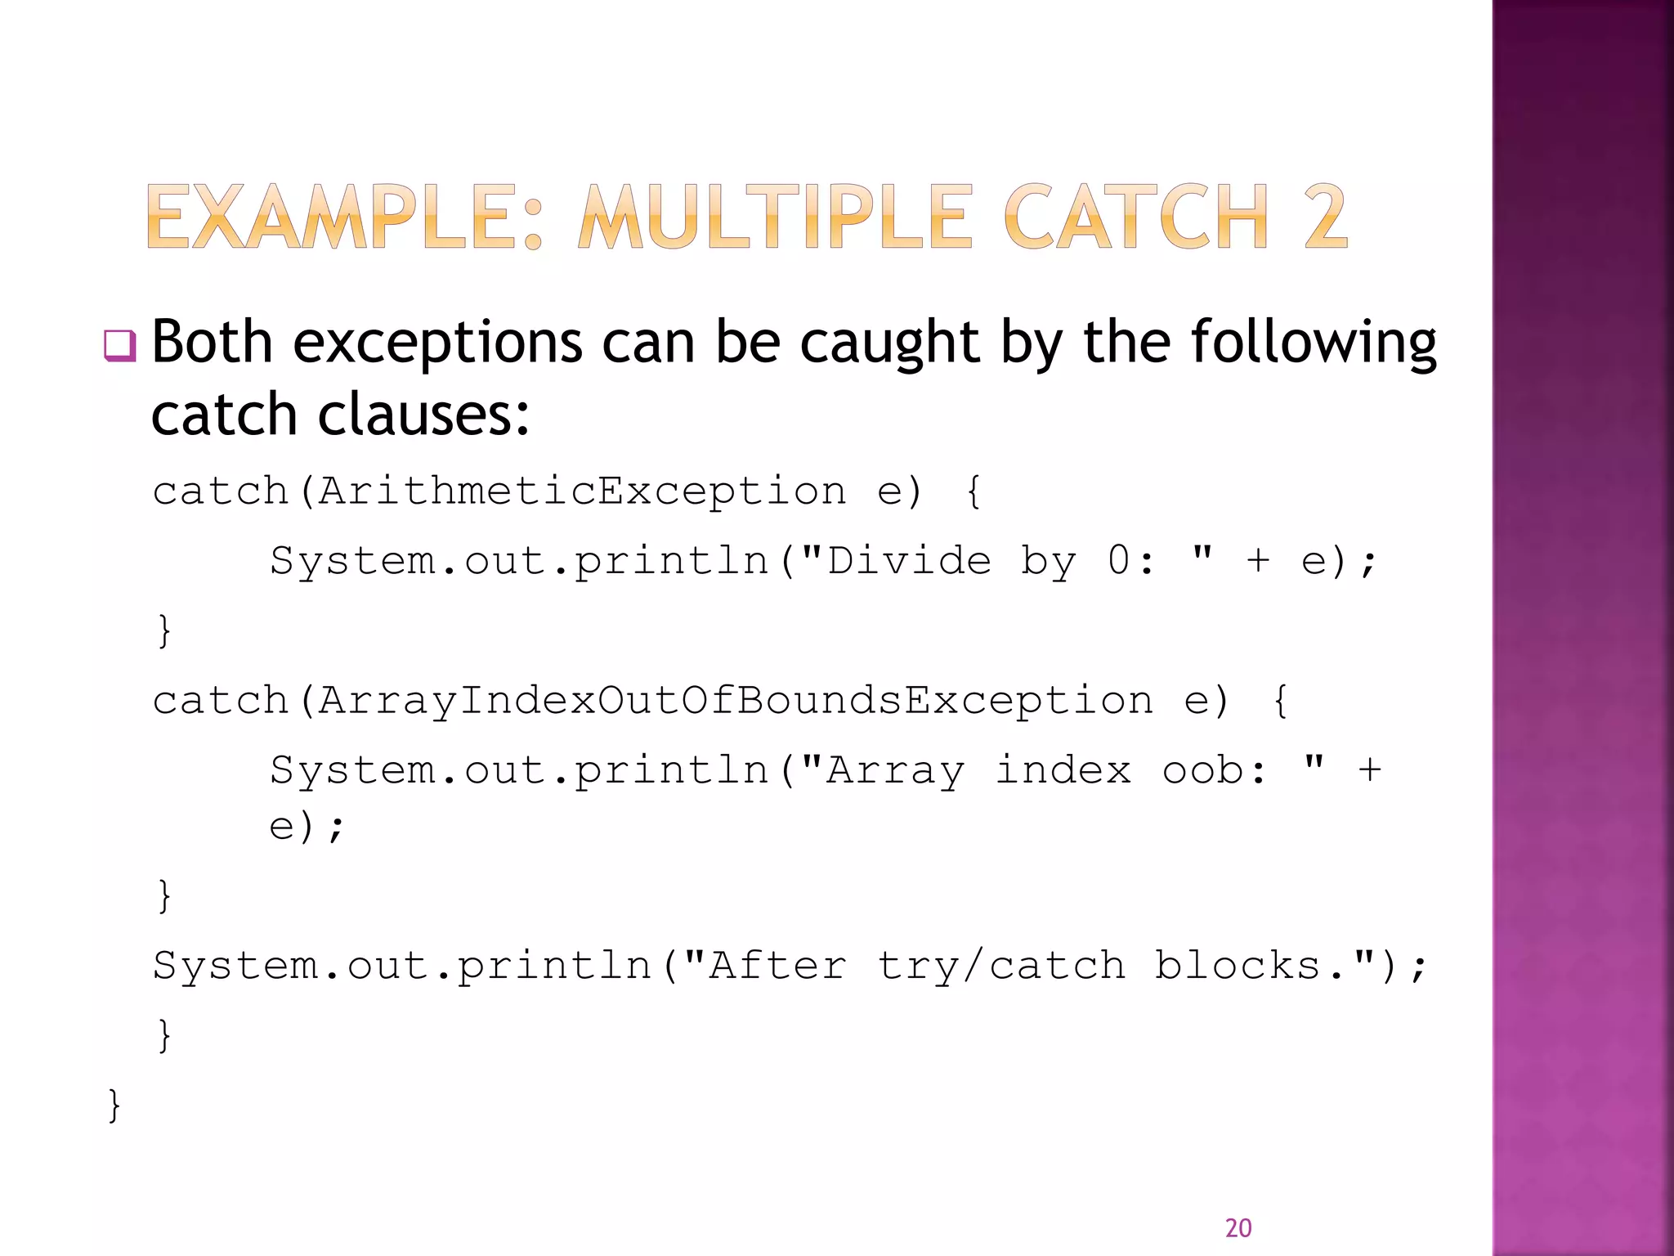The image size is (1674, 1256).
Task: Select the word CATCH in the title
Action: pos(1135,217)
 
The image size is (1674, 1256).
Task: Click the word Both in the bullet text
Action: pos(212,342)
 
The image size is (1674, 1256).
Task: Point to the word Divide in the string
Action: pos(909,561)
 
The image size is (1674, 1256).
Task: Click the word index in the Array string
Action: pos(1063,770)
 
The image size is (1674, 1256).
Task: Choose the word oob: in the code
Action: pos(1215,770)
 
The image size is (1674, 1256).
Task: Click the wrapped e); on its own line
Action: pos(307,827)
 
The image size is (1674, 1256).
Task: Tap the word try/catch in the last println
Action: pos(1000,966)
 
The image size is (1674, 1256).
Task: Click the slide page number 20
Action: pos(1238,1227)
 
